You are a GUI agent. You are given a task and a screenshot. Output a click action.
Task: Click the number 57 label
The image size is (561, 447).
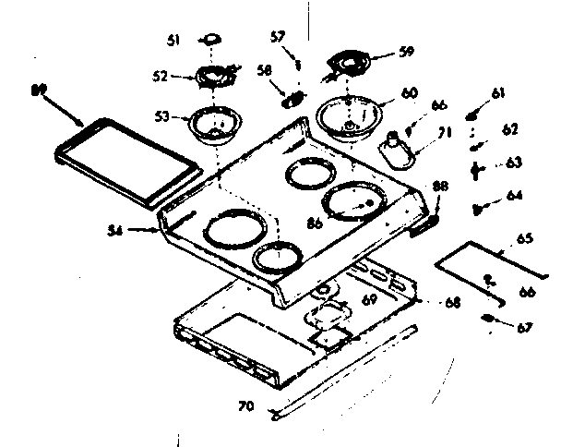click(x=277, y=37)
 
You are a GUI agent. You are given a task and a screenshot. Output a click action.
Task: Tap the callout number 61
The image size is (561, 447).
click(x=499, y=93)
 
